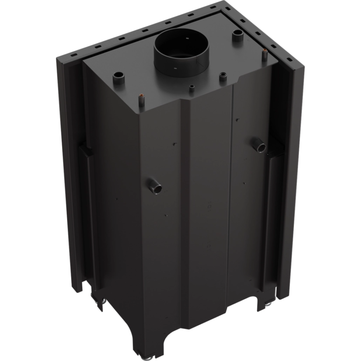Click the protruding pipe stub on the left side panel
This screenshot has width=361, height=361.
[x=155, y=185]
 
